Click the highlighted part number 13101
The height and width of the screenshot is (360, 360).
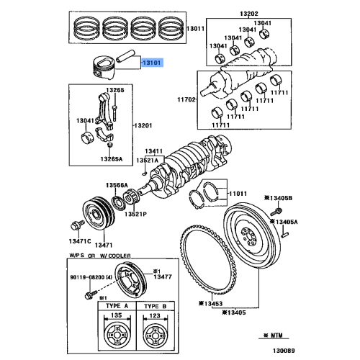point(153,63)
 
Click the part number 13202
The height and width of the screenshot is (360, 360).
point(248,14)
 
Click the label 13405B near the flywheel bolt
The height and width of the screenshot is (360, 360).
point(278,197)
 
